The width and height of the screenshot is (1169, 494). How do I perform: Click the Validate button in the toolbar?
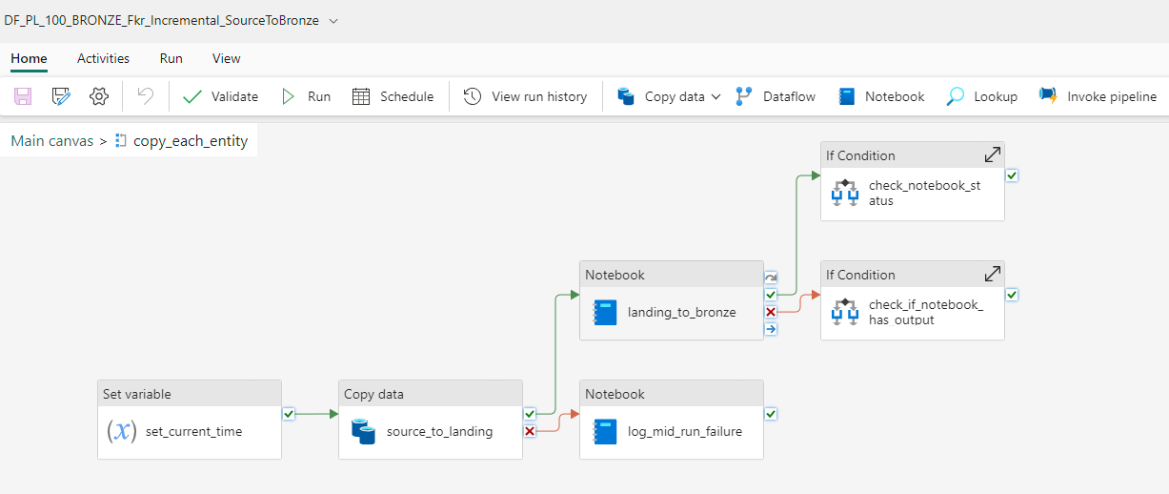221,96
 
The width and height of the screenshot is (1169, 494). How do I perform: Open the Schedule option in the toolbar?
393,96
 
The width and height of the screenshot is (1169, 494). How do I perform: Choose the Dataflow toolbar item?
776,96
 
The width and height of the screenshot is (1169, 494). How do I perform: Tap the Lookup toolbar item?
981,96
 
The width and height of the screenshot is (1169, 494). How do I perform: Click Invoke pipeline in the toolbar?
1098,96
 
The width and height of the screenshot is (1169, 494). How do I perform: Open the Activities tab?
103,58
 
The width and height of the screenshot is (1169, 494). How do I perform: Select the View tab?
226,58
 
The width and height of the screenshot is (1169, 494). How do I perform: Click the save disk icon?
23,96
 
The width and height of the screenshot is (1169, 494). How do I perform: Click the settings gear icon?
99,96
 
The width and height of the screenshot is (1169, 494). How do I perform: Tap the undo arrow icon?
145,96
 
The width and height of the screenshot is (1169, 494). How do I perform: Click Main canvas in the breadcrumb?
52,141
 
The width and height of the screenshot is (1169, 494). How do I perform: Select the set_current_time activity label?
193,431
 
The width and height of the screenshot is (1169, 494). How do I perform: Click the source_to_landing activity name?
439,431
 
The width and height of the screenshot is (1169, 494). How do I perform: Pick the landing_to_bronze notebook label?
681,312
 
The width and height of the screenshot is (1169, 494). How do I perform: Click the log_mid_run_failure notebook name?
684,431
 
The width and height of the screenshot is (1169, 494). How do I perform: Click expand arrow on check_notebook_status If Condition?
992,154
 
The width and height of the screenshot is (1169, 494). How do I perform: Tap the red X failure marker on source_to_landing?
530,431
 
